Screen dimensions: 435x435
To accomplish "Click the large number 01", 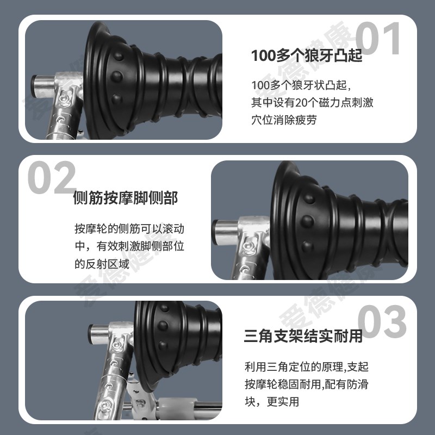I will click(378, 39).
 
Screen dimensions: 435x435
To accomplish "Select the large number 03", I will click(382, 322).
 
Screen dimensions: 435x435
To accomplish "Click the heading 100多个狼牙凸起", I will click(307, 56).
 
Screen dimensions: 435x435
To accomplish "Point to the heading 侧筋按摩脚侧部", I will click(125, 198).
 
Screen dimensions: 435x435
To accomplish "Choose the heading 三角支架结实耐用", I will click(303, 336).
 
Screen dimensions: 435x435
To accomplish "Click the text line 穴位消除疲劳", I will click(284, 120).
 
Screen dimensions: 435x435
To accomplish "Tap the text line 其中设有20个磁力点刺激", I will click(312, 103).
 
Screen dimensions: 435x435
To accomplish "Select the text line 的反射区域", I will click(102, 264).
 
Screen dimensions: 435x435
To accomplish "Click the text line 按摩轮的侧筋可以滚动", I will click(133, 228).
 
